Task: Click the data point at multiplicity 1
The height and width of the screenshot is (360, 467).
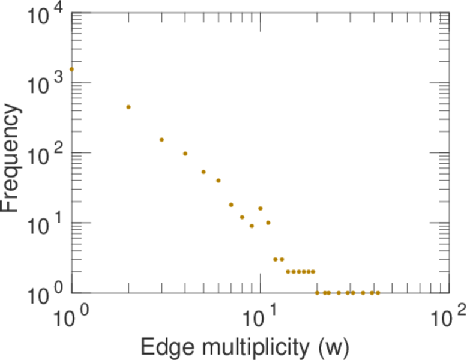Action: pyautogui.click(x=71, y=69)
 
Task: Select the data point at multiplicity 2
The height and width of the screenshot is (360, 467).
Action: pyautogui.click(x=128, y=107)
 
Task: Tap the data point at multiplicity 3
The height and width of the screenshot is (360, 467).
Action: pyautogui.click(x=161, y=140)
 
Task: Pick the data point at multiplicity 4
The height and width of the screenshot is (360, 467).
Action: pyautogui.click(x=185, y=154)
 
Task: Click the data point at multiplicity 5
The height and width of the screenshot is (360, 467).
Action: pyautogui.click(x=203, y=172)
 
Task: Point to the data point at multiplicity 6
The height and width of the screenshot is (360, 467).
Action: pyautogui.click(x=218, y=181)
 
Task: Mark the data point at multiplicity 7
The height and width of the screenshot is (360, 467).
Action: pyautogui.click(x=231, y=205)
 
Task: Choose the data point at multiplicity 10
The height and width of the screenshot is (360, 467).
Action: pyautogui.click(x=261, y=208)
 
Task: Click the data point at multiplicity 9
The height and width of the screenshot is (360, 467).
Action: pyautogui.click(x=252, y=226)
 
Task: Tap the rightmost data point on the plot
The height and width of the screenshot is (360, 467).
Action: pyautogui.click(x=378, y=293)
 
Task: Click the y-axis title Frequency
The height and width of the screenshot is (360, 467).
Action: pyautogui.click(x=12, y=157)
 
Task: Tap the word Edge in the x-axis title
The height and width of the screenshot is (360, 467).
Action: pyautogui.click(x=160, y=346)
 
